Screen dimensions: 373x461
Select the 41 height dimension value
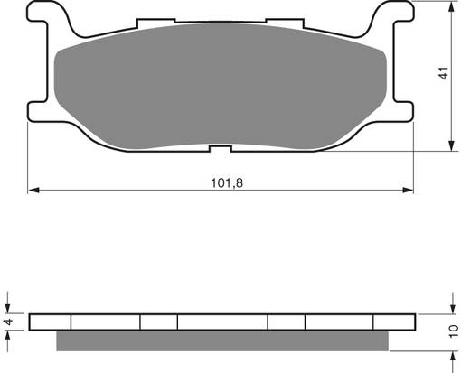443,74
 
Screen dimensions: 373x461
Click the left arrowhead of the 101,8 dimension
33,191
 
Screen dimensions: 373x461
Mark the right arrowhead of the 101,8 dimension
409,191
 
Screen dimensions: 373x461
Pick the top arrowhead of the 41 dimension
450,6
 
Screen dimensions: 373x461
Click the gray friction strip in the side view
224,341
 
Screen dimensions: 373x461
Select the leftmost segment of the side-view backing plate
50,322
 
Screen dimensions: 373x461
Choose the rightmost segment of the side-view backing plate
394,322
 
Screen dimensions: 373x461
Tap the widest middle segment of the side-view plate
222,322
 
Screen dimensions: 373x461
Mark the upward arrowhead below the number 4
9,338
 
